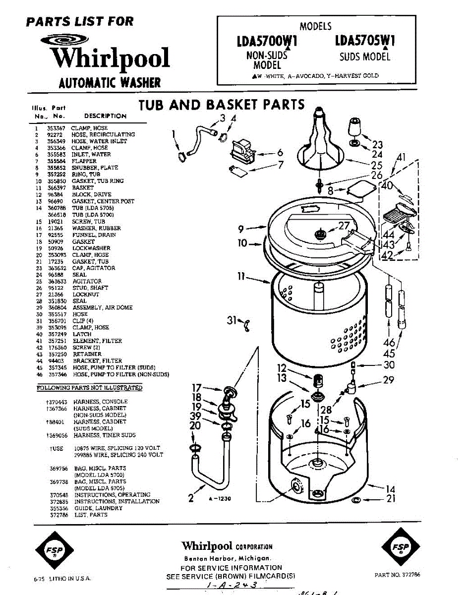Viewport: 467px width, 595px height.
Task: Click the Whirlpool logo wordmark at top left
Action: point(111,59)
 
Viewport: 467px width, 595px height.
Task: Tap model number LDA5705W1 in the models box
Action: point(365,39)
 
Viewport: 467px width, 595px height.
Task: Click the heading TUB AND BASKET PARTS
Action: point(222,105)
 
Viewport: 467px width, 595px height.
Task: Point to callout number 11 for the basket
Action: point(241,277)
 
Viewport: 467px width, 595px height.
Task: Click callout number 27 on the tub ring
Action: point(344,226)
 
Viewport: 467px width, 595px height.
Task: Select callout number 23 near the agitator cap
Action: point(378,145)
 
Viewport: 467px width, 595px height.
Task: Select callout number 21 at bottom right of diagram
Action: point(391,499)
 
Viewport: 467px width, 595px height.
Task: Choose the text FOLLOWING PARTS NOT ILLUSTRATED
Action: point(90,387)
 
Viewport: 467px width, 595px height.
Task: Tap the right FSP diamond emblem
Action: point(400,547)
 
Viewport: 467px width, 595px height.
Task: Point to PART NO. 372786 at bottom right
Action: point(398,575)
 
